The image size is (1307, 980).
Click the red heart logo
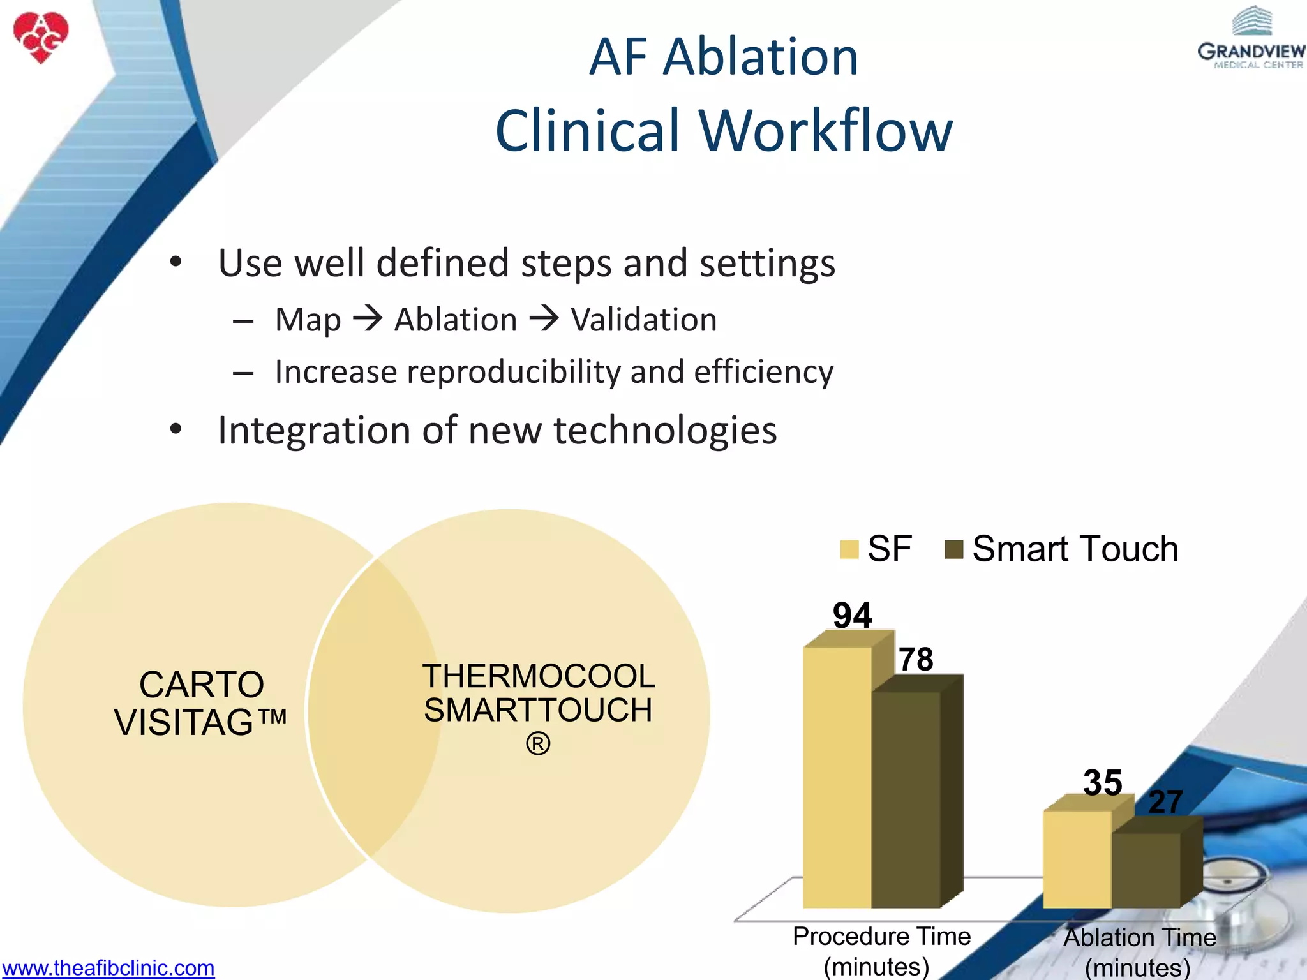click(41, 37)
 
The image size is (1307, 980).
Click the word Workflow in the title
click(826, 131)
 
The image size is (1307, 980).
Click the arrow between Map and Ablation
click(368, 318)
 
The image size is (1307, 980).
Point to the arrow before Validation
click(544, 318)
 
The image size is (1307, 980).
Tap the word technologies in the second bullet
click(665, 430)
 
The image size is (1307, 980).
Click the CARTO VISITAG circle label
click(201, 703)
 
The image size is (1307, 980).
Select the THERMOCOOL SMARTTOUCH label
click(538, 694)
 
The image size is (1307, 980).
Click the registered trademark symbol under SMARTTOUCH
click(538, 744)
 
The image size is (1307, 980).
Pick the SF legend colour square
click(849, 549)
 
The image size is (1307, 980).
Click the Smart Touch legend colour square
click(953, 549)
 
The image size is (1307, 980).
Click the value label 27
click(1165, 802)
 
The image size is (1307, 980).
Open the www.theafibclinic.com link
click(108, 968)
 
